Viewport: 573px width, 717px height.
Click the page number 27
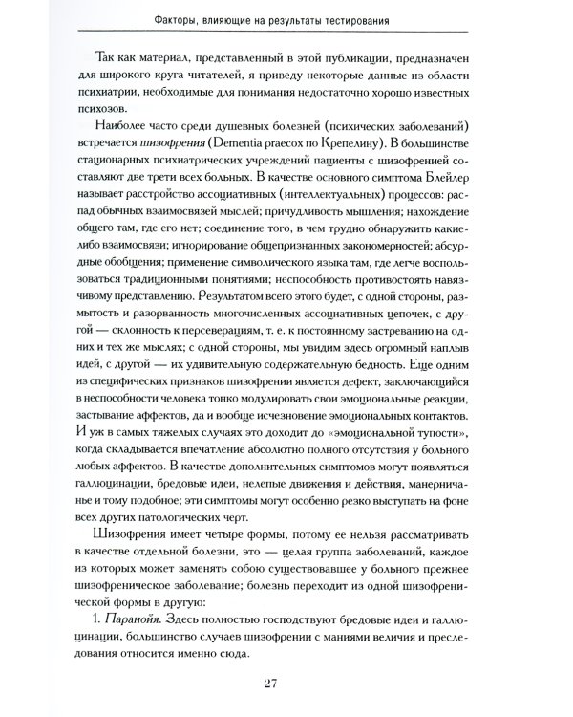pos(286,682)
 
